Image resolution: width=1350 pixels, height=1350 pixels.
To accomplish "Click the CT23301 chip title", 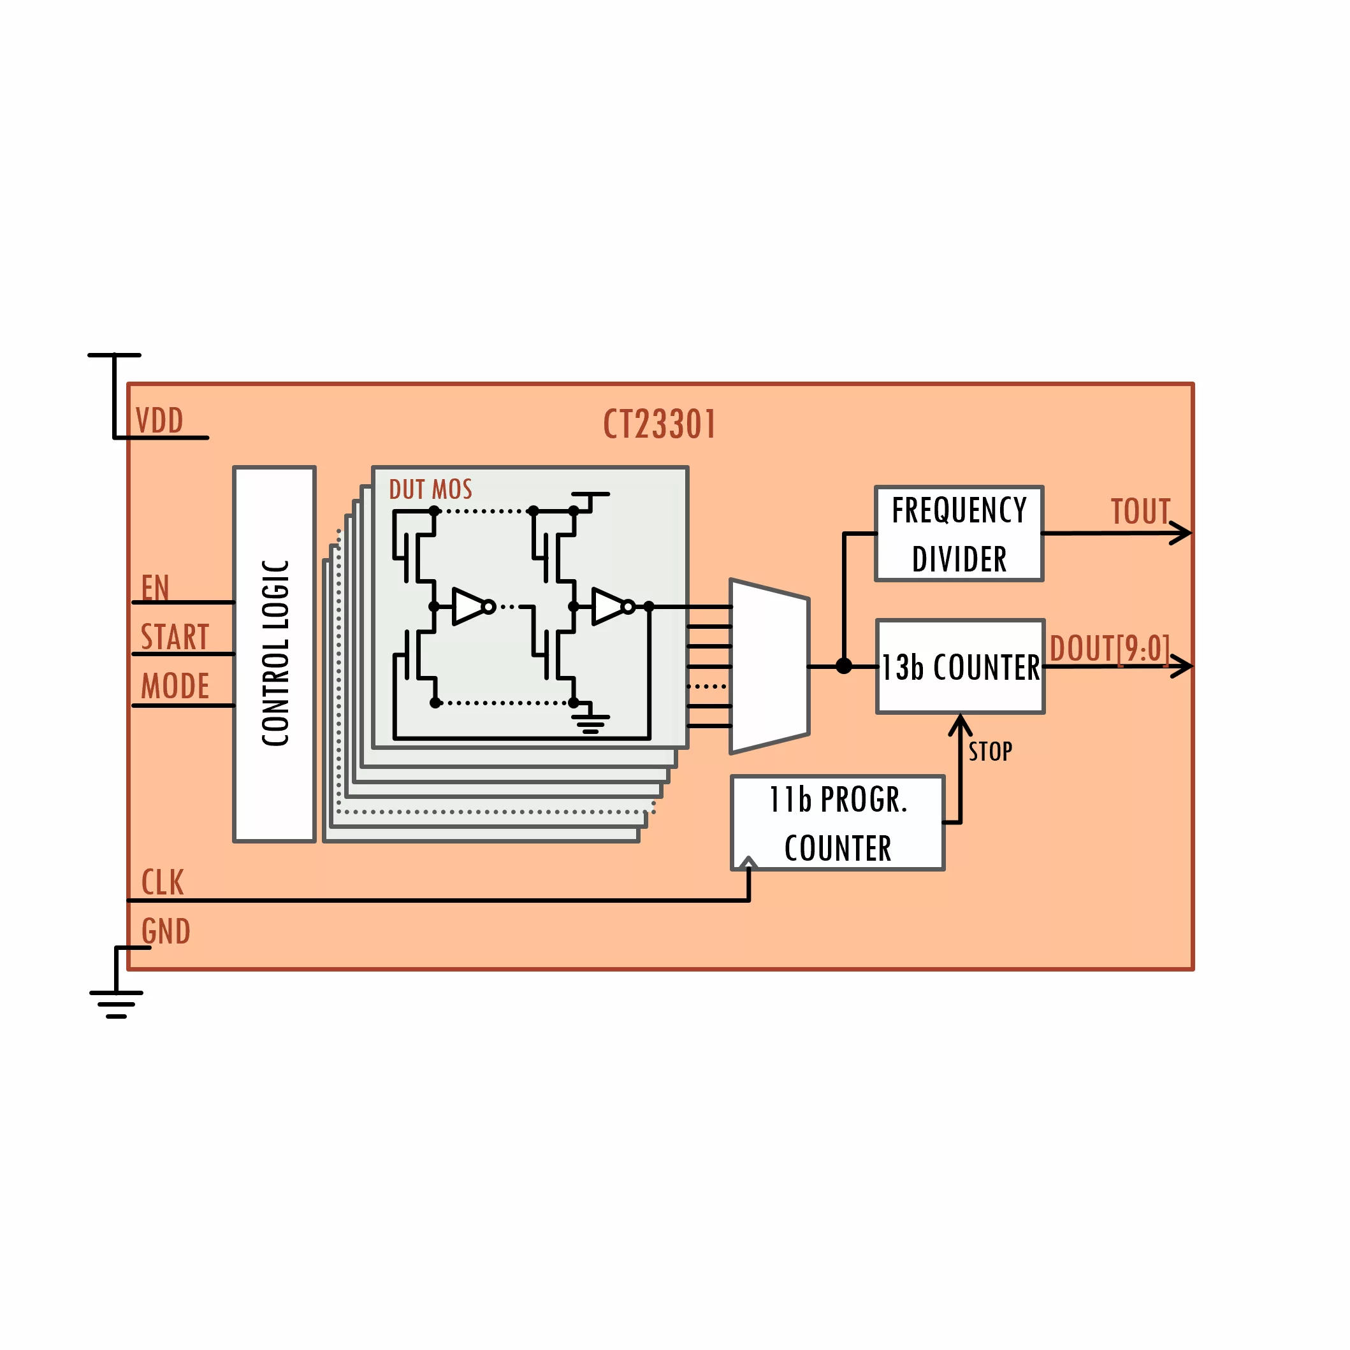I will (659, 424).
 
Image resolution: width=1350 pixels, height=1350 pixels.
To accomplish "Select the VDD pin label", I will (159, 420).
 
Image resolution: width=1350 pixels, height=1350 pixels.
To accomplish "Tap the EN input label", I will (155, 587).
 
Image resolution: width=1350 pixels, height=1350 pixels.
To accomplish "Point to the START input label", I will (175, 636).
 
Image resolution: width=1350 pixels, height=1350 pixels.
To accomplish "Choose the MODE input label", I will (175, 686).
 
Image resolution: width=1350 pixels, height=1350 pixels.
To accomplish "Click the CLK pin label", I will (162, 882).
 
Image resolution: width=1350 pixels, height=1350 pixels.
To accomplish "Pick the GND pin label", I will (166, 931).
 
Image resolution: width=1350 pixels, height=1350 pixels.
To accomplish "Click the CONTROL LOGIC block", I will (275, 653).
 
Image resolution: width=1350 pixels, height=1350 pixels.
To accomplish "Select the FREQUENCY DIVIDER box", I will (959, 534).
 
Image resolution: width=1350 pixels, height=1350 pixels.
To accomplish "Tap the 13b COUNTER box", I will (960, 666).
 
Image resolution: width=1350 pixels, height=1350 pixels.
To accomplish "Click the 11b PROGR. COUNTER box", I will (837, 822).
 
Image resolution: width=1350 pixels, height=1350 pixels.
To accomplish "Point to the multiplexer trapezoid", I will (769, 666).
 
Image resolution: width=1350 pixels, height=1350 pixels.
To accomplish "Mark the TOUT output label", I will (1140, 512).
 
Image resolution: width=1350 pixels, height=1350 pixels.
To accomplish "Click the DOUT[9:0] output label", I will (1109, 649).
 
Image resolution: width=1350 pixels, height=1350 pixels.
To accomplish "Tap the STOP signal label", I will (990, 752).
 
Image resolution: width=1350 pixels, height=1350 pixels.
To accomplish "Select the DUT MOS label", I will (430, 489).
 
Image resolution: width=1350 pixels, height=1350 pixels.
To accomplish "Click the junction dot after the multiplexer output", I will (844, 666).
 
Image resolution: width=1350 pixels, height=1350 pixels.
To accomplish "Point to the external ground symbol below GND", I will (116, 1003).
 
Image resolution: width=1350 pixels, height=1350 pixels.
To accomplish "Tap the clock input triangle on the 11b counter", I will (748, 864).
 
